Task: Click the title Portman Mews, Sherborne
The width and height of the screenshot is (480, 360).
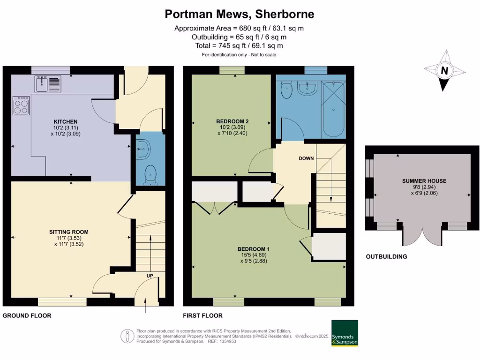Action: pyautogui.click(x=240, y=14)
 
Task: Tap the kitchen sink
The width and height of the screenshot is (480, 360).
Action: pyautogui.click(x=47, y=84)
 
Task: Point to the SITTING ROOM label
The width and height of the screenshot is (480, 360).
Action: pyautogui.click(x=69, y=232)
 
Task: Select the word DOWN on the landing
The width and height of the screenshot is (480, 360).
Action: pyautogui.click(x=306, y=158)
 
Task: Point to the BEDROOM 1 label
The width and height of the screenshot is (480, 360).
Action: pyautogui.click(x=254, y=249)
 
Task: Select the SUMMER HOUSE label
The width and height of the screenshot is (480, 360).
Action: pyautogui.click(x=424, y=181)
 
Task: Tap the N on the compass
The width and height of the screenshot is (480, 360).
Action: pyautogui.click(x=443, y=71)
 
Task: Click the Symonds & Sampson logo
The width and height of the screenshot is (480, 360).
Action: pyautogui.click(x=345, y=333)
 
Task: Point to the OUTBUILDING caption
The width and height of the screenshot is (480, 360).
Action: pyautogui.click(x=386, y=257)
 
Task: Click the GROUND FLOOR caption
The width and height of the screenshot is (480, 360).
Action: pyautogui.click(x=27, y=315)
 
